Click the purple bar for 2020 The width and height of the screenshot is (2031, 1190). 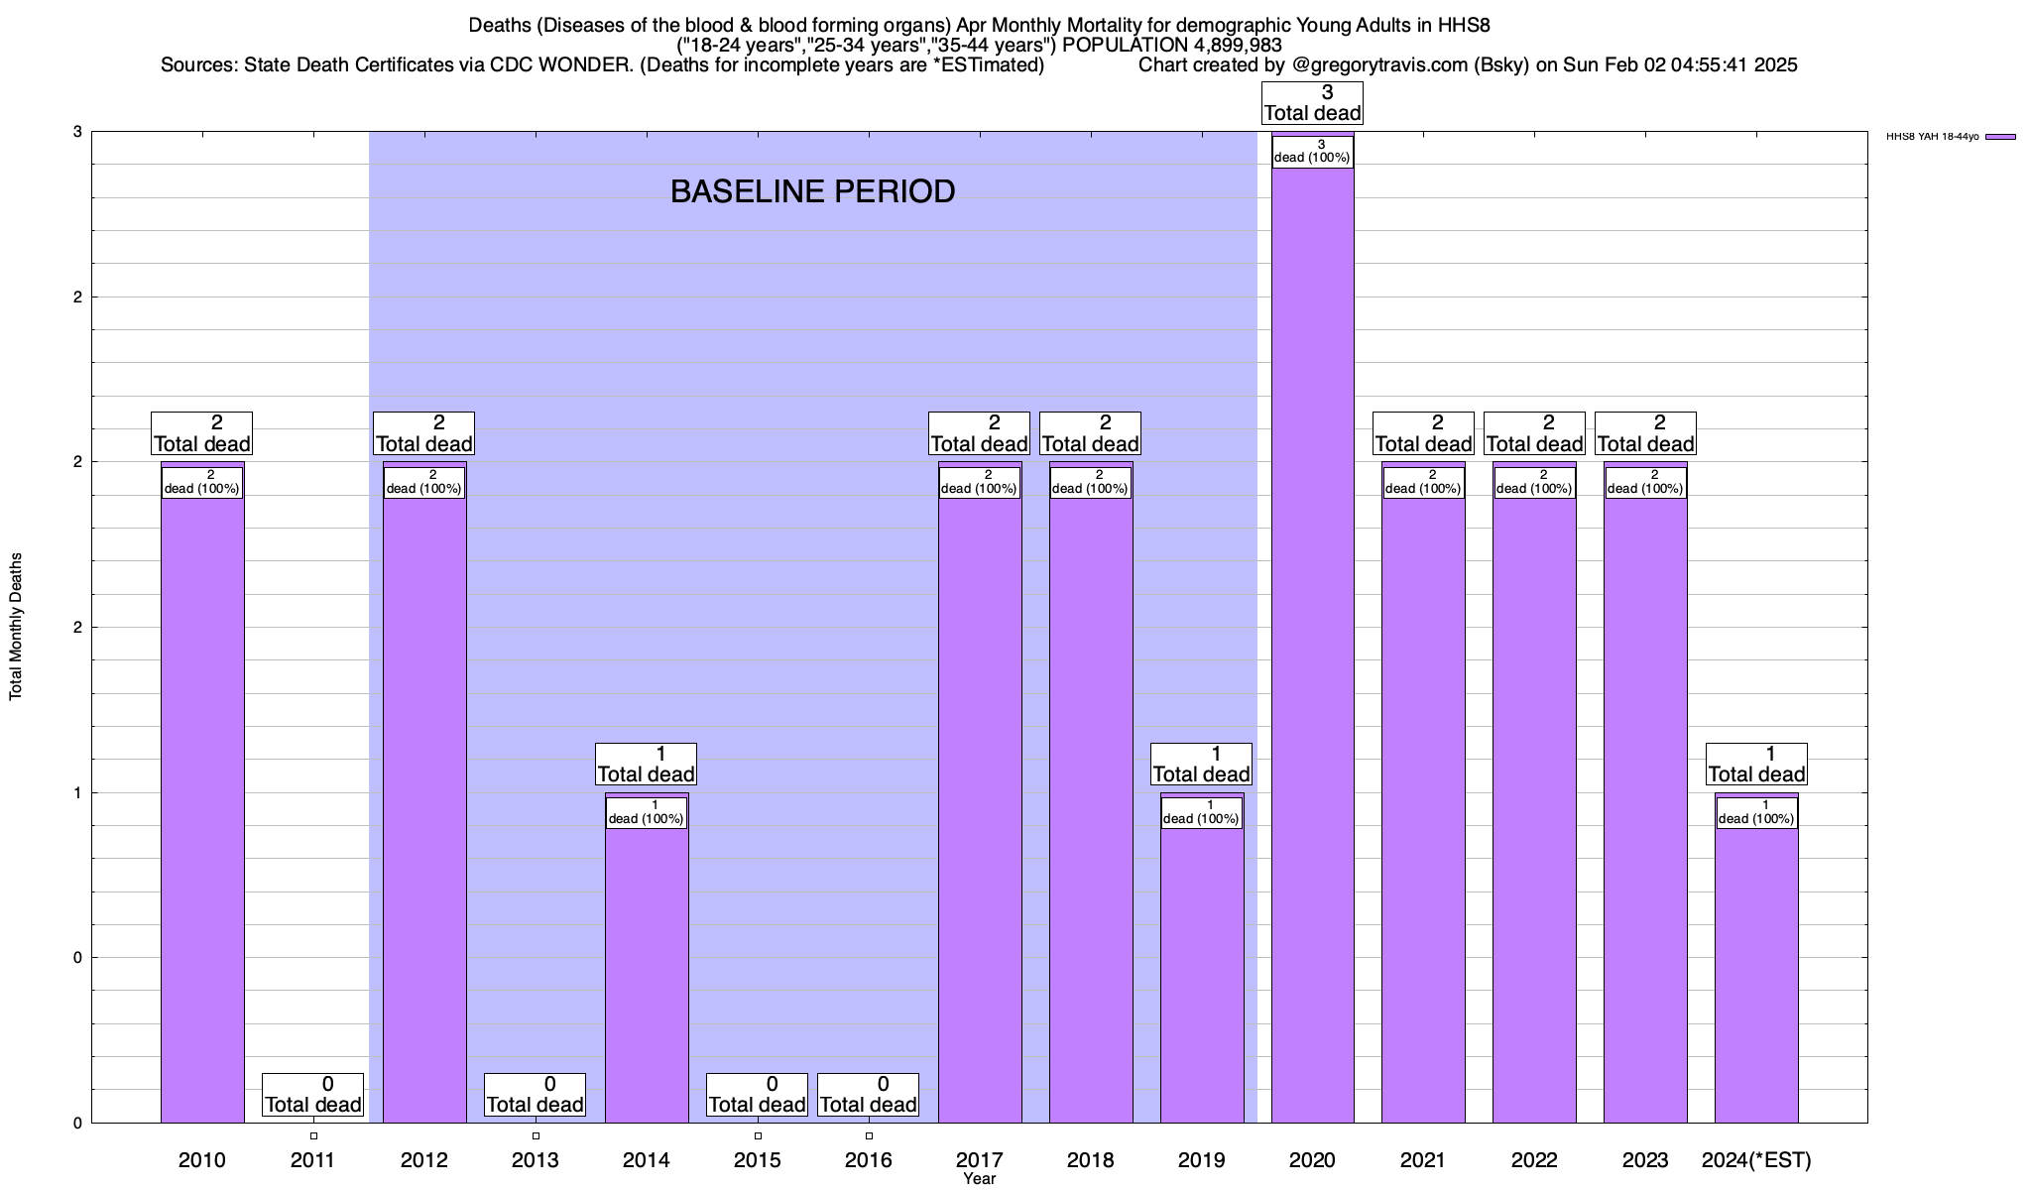(1312, 645)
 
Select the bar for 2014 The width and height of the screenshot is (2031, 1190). (647, 972)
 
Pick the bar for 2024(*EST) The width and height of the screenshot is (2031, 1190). (1756, 972)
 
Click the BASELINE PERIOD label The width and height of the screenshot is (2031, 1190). (812, 191)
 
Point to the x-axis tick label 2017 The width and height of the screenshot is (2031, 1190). (979, 1159)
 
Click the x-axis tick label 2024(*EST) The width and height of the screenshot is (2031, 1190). (1756, 1159)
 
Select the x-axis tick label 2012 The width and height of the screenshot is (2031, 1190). (424, 1159)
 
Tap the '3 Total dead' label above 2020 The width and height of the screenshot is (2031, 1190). (1312, 103)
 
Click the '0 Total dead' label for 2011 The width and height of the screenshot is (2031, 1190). (313, 1095)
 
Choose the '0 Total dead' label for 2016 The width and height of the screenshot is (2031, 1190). (869, 1095)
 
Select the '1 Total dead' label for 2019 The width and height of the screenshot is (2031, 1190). (1201, 765)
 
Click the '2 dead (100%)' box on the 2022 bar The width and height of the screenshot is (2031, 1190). (1534, 483)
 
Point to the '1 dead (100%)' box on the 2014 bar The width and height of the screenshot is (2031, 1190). (647, 813)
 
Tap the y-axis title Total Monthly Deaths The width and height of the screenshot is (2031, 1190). (16, 627)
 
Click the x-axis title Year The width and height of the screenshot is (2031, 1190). (979, 1179)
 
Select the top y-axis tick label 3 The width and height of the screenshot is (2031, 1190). (77, 132)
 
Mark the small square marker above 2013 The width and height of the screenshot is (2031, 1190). (536, 1136)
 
